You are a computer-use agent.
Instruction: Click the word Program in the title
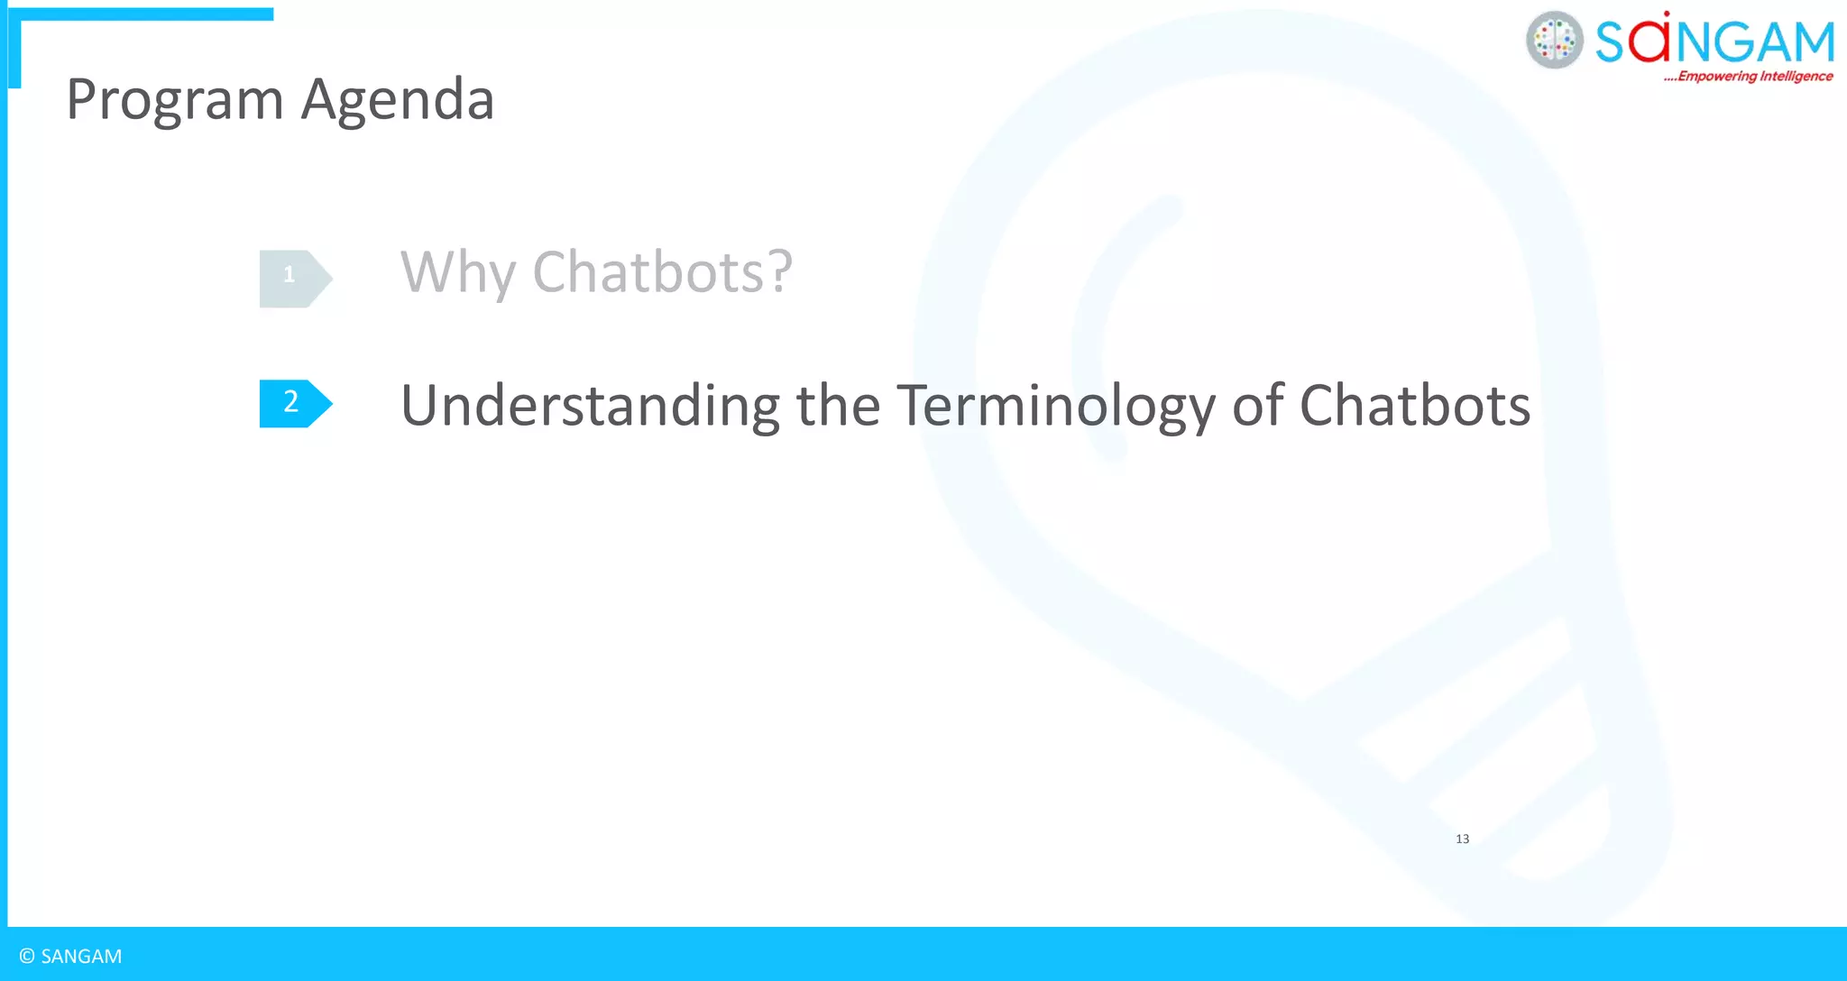tap(175, 100)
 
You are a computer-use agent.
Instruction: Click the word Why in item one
tap(457, 272)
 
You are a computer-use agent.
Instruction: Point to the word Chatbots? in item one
tap(662, 271)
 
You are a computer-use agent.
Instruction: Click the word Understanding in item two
tap(590, 405)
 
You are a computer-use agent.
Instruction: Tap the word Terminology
tap(1055, 406)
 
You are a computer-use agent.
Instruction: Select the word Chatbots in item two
tap(1414, 405)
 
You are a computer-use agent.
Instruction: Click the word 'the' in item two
tap(838, 405)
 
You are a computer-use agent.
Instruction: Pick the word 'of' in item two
tap(1257, 405)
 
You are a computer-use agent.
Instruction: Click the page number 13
tap(1462, 839)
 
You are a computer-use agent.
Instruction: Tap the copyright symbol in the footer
tap(27, 957)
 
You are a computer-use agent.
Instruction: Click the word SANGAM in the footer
tap(81, 957)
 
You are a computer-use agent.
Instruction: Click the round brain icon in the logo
tap(1554, 41)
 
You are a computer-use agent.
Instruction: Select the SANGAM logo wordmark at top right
tap(1714, 41)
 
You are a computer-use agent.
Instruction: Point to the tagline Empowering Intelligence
tap(1750, 77)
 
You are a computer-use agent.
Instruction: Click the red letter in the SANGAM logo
tap(1649, 41)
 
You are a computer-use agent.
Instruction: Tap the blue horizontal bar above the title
tap(144, 14)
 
